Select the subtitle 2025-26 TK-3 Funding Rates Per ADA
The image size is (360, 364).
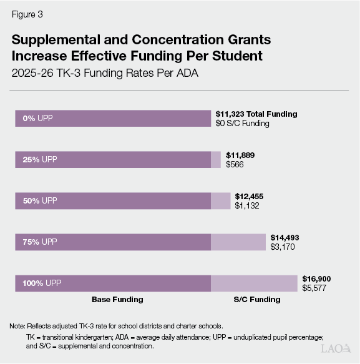[x=105, y=73]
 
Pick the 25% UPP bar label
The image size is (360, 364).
[x=39, y=159]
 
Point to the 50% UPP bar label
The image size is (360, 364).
[x=39, y=200]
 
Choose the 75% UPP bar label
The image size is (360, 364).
[x=39, y=242]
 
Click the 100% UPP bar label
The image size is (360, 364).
[x=41, y=283]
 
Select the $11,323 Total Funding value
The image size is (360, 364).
[x=256, y=114]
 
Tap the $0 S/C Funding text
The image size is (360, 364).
[x=242, y=124]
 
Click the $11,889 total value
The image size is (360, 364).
[x=240, y=155]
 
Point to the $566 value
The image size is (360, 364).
[x=235, y=165]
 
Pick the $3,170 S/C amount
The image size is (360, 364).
[x=282, y=247]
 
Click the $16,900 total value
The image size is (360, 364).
[x=316, y=278]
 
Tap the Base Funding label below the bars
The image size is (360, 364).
[x=117, y=300]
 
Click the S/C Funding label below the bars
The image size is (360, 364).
[x=257, y=300]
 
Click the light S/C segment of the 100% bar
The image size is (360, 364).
[x=254, y=283]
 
